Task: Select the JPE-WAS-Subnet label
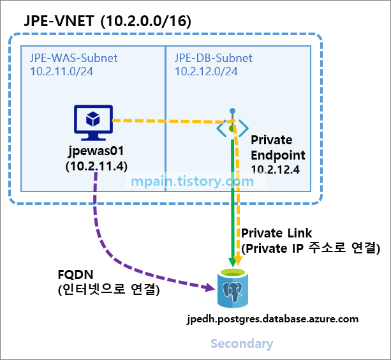click(x=73, y=58)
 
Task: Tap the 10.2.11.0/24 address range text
click(x=61, y=71)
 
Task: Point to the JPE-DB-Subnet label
click(x=214, y=58)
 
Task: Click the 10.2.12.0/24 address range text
click(x=206, y=71)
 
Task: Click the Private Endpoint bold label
click(x=278, y=147)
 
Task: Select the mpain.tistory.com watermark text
click(x=192, y=181)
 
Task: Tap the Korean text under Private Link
click(x=311, y=248)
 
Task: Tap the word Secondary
click(x=242, y=344)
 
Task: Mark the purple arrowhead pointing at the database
click(x=210, y=289)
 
